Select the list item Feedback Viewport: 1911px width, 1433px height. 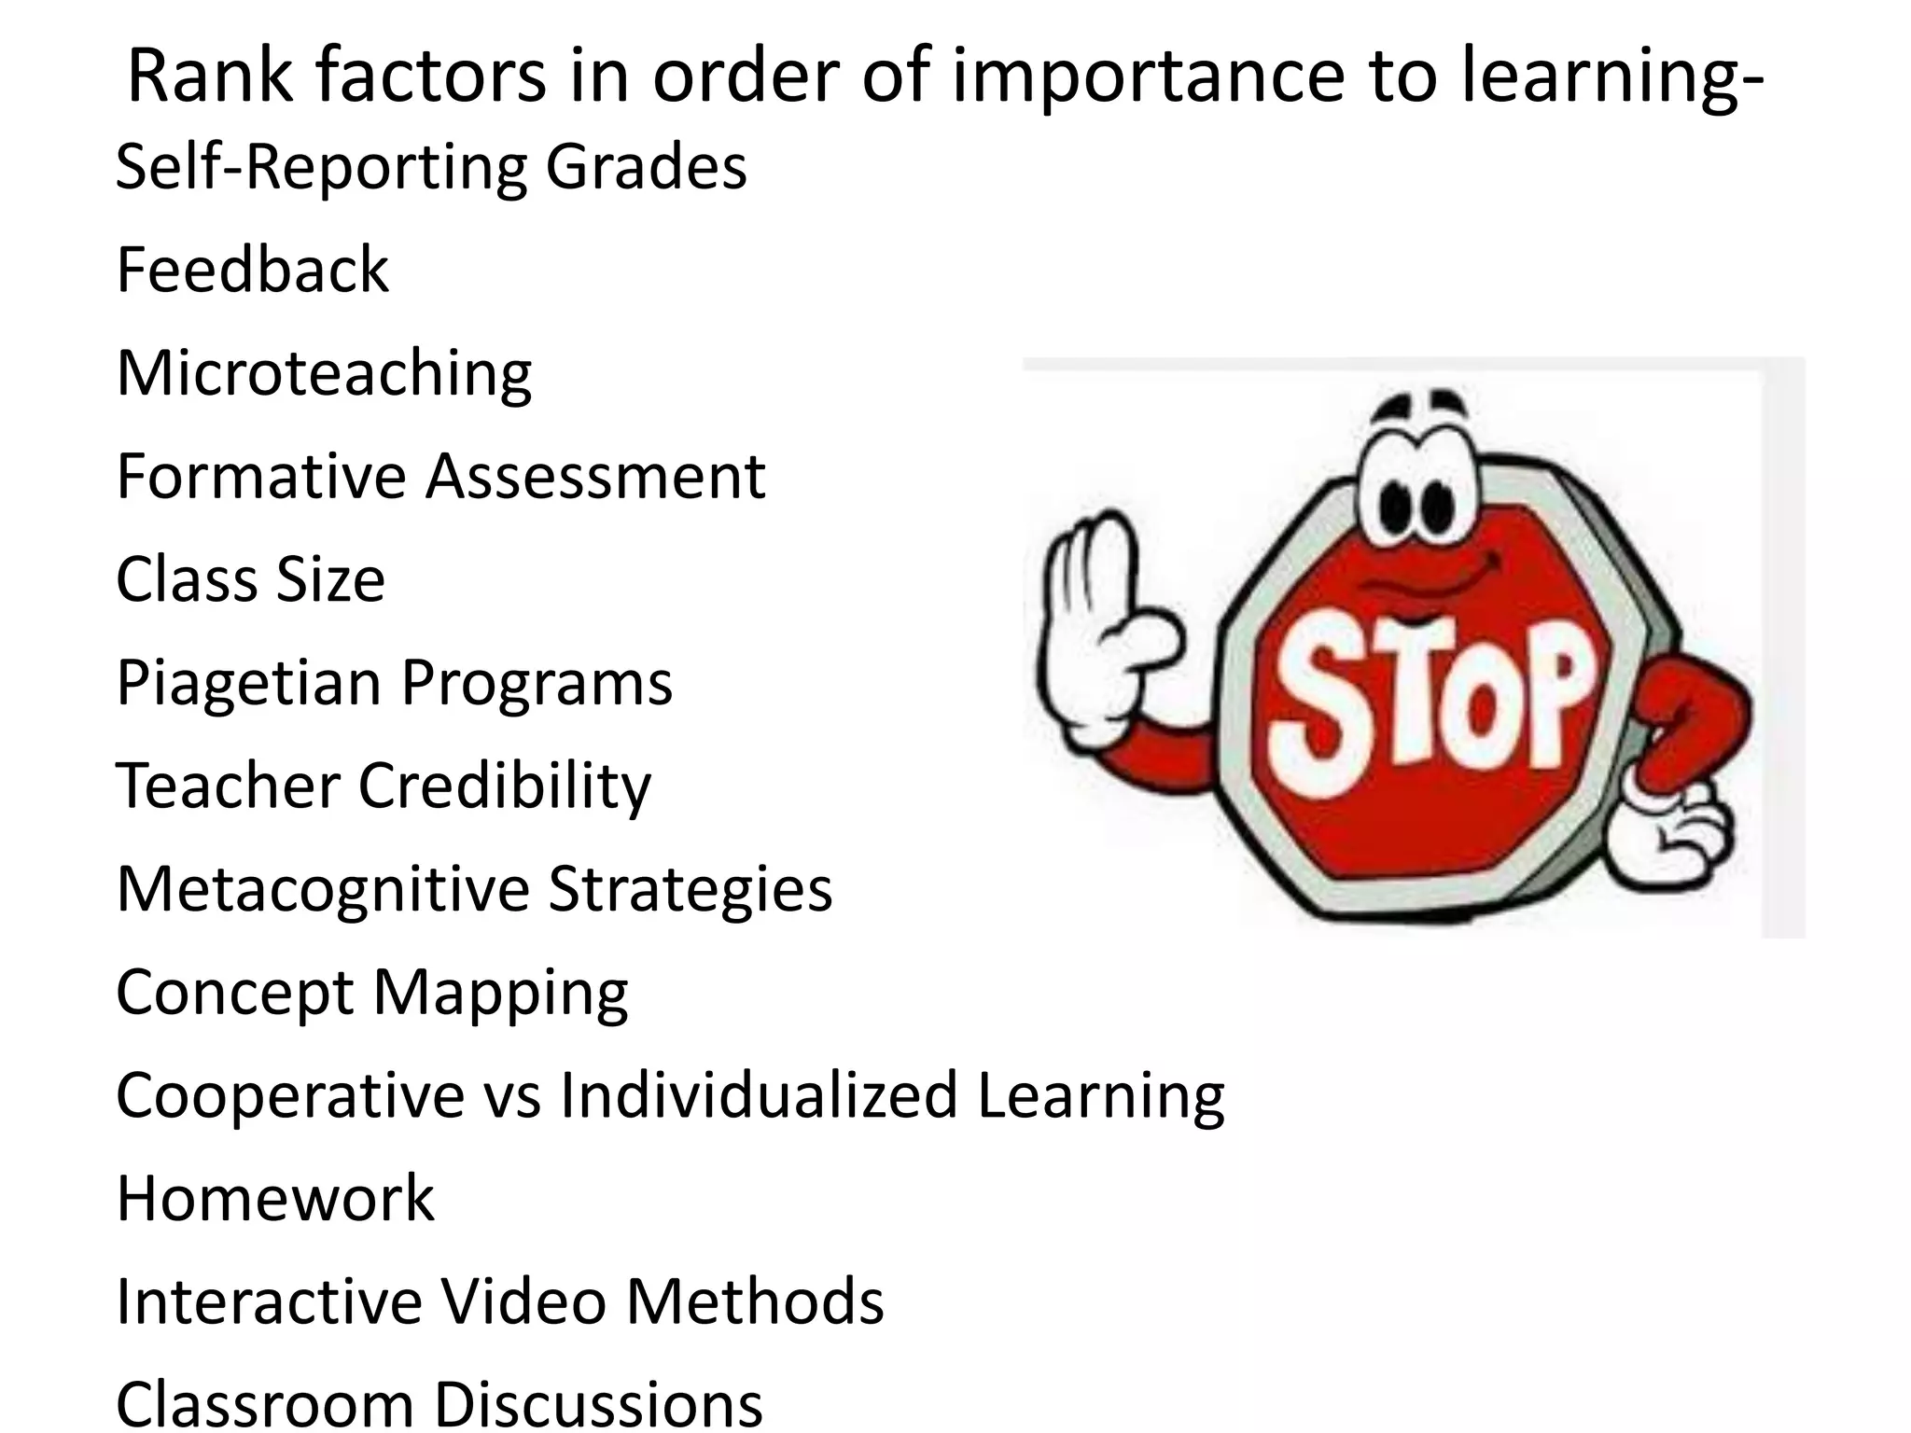[x=252, y=271]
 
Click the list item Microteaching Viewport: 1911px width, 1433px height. [x=324, y=374]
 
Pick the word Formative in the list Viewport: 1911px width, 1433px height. [x=262, y=477]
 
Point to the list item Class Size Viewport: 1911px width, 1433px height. [x=250, y=579]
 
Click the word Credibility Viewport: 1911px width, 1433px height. [x=504, y=786]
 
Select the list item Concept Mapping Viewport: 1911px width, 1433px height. [x=371, y=993]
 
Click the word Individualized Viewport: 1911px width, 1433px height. [x=759, y=1095]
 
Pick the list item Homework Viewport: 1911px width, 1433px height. [x=275, y=1199]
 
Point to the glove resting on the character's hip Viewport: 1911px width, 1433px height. [x=1680, y=830]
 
